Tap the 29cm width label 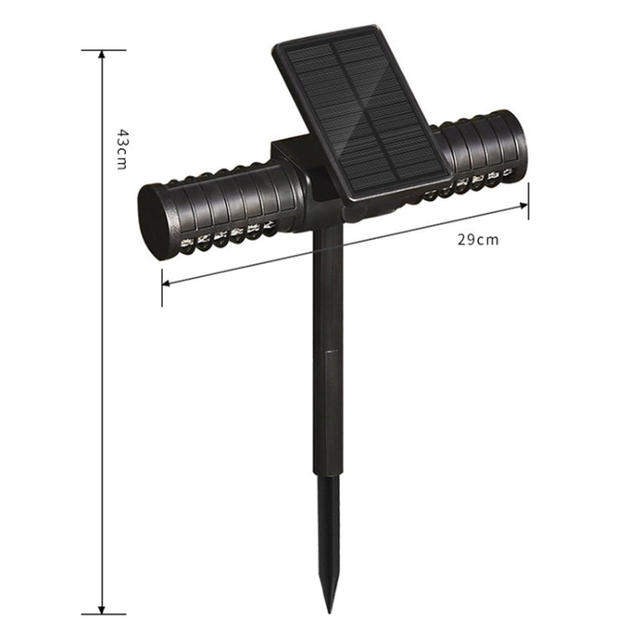tap(477, 239)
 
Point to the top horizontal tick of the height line tap(102, 50)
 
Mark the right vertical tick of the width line tap(528, 202)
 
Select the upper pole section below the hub tap(328, 285)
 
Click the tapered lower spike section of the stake tap(328, 537)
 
